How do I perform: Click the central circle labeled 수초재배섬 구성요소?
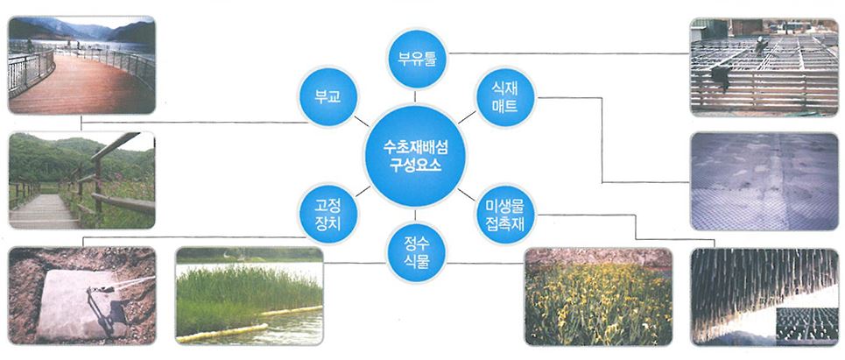point(415,156)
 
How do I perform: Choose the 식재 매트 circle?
point(505,97)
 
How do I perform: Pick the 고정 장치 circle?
point(327,214)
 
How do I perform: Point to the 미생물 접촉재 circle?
point(505,214)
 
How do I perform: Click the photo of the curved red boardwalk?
point(82,65)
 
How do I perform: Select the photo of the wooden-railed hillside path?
point(82,180)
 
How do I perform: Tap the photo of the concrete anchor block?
point(82,295)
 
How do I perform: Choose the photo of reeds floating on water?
point(250,295)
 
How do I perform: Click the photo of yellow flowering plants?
point(598,296)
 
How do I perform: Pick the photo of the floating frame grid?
point(764,67)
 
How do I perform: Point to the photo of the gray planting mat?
point(764,181)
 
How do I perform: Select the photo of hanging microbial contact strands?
point(764,296)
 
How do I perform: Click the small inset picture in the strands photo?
point(806,325)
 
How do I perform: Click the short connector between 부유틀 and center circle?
point(415,96)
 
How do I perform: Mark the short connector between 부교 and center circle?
point(361,121)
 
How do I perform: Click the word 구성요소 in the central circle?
point(415,165)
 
